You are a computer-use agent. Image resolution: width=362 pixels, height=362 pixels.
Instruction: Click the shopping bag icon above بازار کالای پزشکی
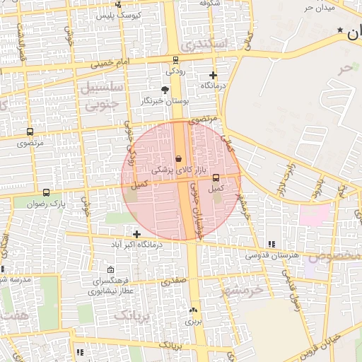[x=180, y=158]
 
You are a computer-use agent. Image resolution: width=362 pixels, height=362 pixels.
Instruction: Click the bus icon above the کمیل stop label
[x=216, y=178]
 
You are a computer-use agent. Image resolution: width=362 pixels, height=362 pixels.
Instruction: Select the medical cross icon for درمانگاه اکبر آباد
[x=136, y=234]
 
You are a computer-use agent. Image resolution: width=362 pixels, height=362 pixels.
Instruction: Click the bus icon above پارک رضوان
[x=46, y=192]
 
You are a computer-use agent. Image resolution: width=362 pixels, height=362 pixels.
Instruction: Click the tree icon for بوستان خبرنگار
[x=165, y=90]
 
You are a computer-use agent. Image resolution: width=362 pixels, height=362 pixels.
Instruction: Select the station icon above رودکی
[x=175, y=60]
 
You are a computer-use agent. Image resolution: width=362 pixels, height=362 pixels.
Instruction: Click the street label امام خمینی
[x=109, y=64]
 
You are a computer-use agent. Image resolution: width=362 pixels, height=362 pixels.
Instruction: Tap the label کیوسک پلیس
[x=119, y=13]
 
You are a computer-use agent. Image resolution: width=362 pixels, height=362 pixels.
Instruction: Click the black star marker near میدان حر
[x=341, y=30]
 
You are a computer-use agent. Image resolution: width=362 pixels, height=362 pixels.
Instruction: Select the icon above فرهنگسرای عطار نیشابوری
[x=110, y=270]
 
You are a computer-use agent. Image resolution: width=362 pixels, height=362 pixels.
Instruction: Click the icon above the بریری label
[x=193, y=310]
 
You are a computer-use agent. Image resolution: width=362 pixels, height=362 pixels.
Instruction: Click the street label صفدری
[x=174, y=281]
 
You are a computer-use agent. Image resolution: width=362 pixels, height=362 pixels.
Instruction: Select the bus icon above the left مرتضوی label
[x=30, y=132]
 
